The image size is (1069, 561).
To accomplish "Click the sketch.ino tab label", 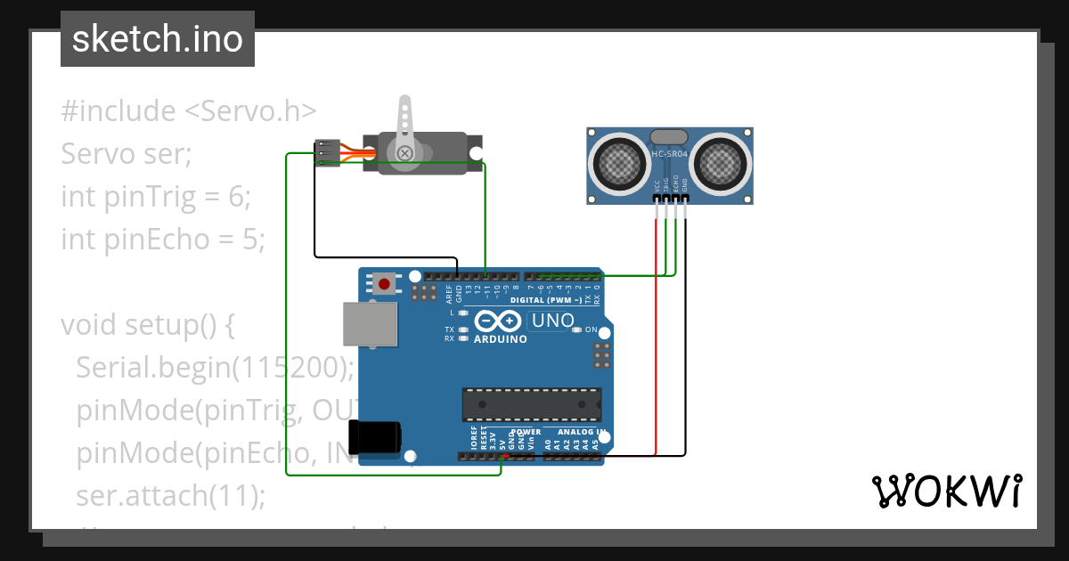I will point(157,39).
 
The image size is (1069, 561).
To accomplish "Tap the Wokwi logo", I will point(946,491).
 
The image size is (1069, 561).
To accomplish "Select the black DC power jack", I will point(375,437).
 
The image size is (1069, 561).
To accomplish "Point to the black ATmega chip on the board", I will point(531,404).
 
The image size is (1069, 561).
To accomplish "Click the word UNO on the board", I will point(552,321).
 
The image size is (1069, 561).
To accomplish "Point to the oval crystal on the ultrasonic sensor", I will point(670,136).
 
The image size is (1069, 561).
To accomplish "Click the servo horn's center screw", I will point(404,153).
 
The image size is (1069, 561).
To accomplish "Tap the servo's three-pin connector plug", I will point(327,153).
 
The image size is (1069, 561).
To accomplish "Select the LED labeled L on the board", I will point(463,313).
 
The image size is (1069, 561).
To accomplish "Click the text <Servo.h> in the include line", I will point(249,111).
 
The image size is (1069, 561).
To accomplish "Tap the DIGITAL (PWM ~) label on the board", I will point(546,300).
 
